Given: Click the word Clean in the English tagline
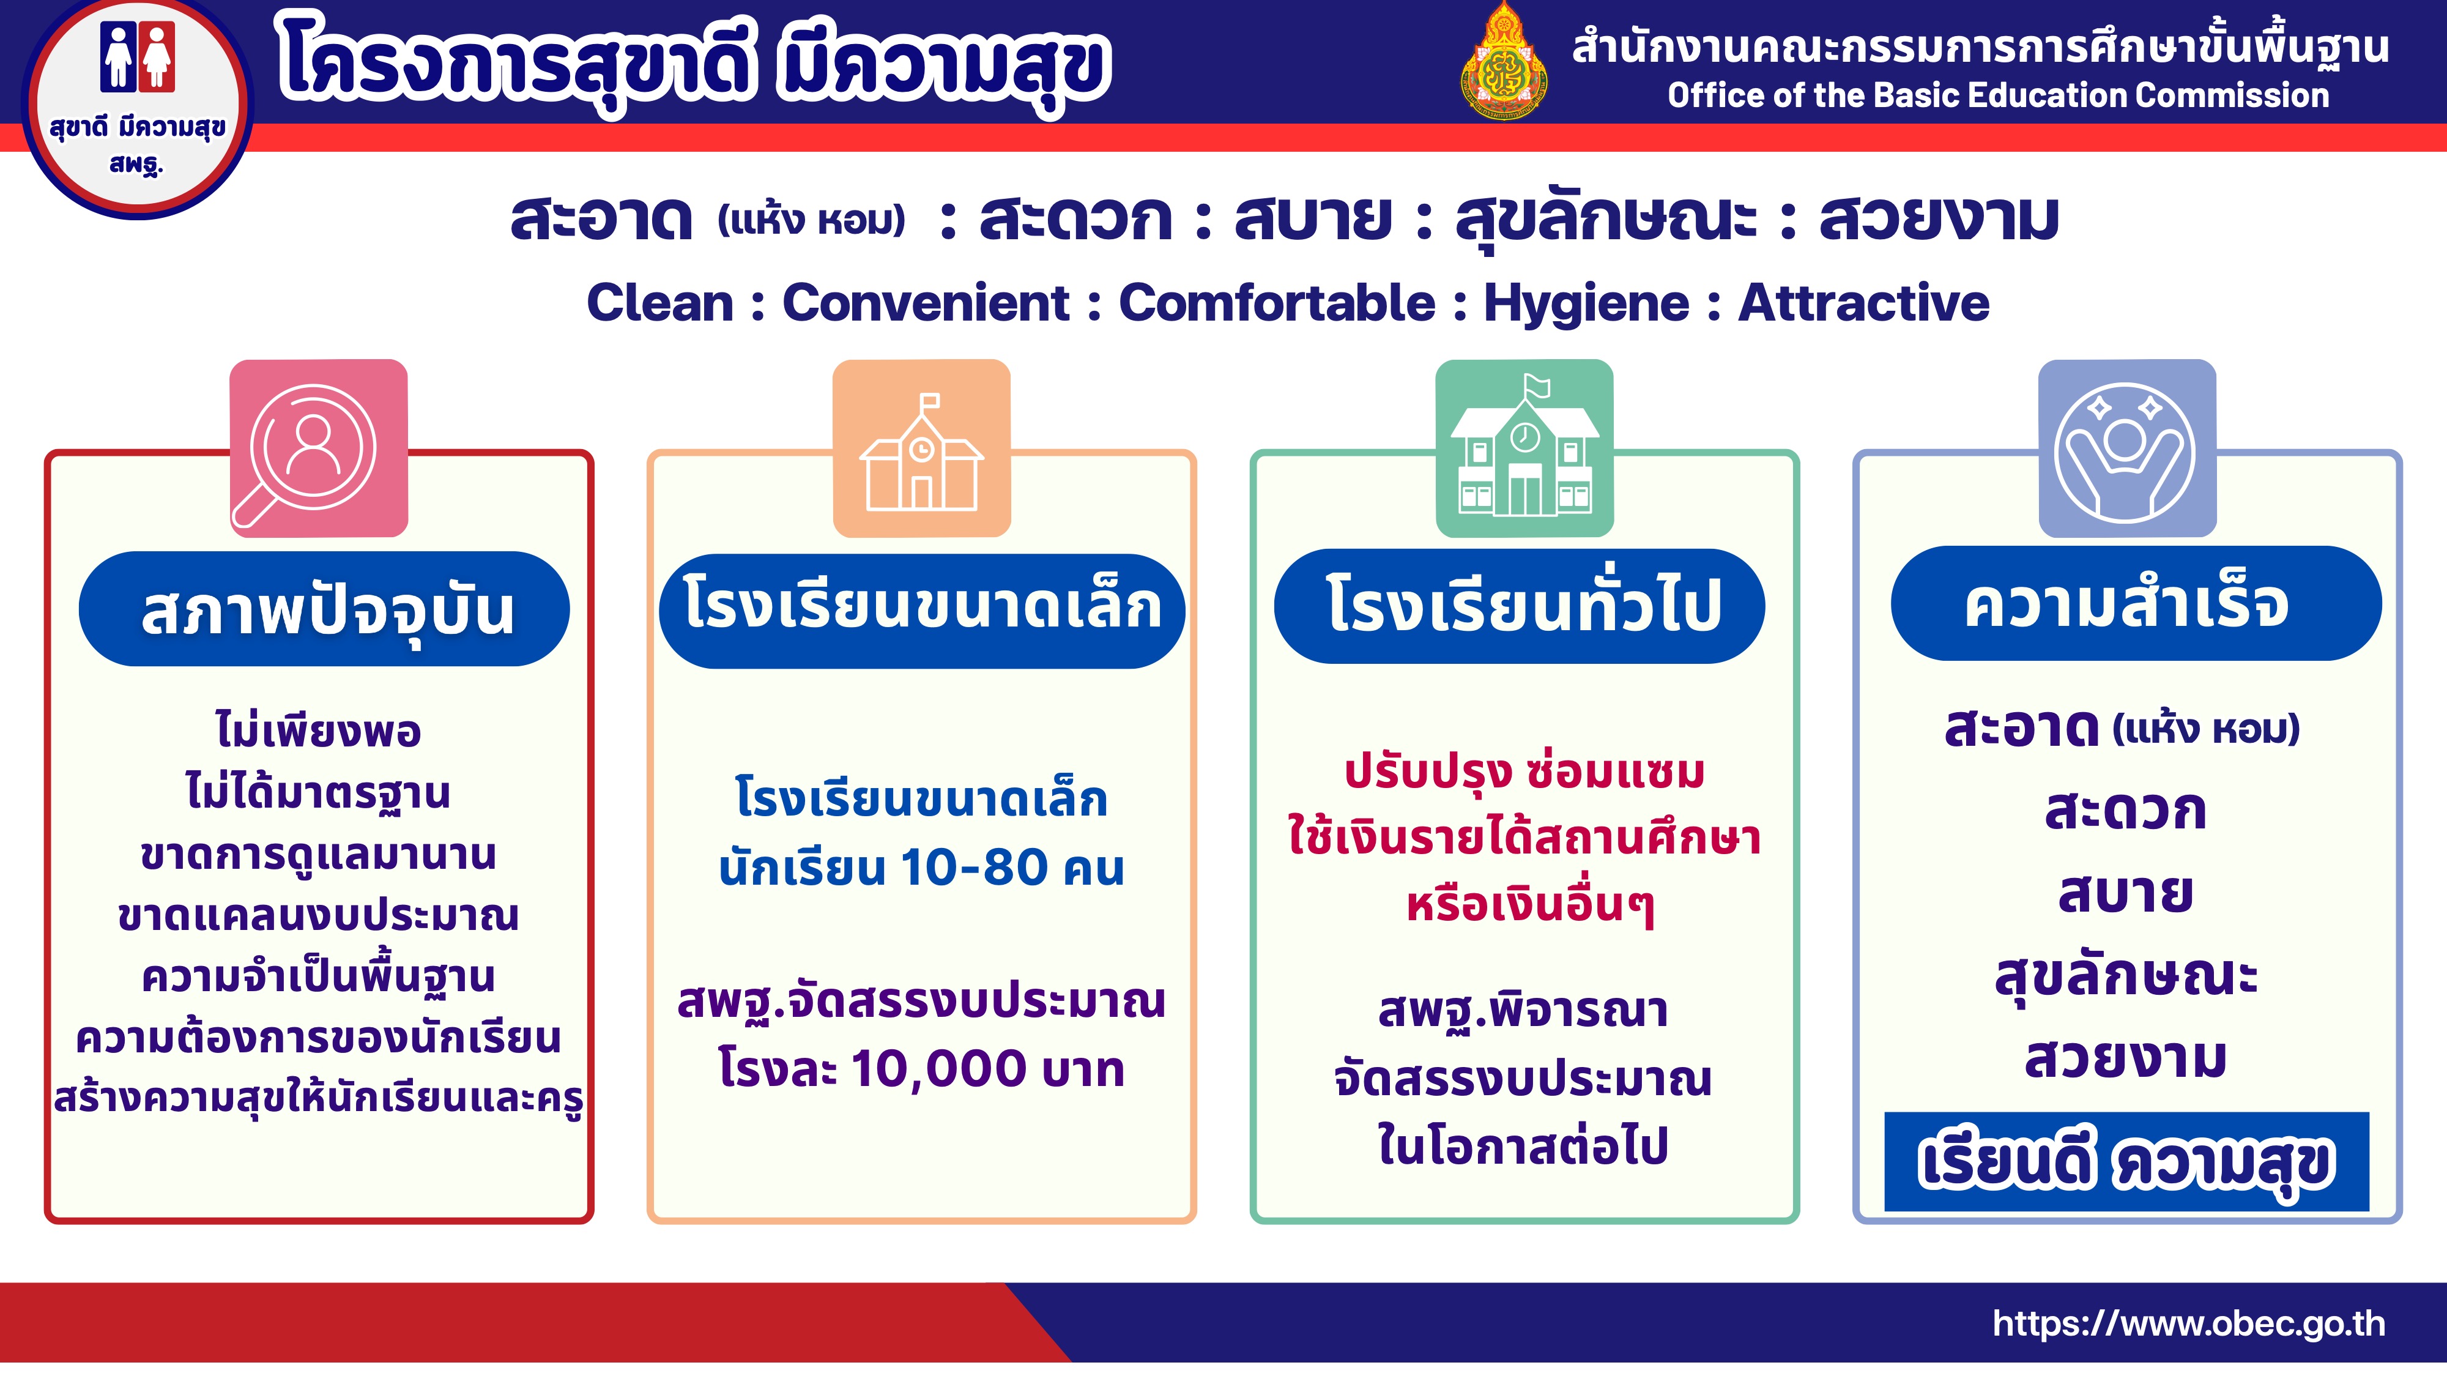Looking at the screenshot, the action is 660,303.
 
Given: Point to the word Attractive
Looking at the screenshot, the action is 1864,303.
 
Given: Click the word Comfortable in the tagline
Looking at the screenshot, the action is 1277,303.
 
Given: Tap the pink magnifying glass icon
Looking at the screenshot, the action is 318,448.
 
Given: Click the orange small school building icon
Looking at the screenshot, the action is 921,448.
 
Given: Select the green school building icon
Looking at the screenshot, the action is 1524,448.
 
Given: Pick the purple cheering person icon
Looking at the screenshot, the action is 2128,448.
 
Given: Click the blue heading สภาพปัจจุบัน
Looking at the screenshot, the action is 324,609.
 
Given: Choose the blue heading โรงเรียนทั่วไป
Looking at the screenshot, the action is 1520,606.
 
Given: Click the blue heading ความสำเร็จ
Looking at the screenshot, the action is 2136,603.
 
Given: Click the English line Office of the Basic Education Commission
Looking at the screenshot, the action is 1999,95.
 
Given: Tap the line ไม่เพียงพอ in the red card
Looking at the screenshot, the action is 318,730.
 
